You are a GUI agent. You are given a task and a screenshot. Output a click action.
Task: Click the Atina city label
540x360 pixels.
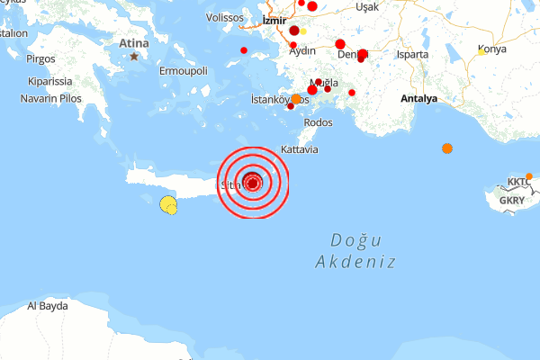[134, 41]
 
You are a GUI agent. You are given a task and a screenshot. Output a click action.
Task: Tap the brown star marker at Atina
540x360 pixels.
[134, 57]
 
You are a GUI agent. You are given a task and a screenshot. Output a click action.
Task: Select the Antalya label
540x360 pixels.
[418, 97]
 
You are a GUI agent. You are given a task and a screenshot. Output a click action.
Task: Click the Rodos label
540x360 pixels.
[319, 122]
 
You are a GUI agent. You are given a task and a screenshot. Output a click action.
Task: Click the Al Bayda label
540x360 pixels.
[48, 306]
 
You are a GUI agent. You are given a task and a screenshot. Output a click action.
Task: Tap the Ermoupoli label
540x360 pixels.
[183, 70]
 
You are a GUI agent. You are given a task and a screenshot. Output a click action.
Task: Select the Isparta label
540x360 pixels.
[413, 54]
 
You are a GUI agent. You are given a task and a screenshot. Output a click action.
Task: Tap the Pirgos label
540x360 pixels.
[41, 58]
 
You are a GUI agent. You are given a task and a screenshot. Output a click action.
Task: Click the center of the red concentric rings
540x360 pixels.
[253, 183]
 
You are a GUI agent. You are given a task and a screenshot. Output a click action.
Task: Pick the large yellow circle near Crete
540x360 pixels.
[167, 204]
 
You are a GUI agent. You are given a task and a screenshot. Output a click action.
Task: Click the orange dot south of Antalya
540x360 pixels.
[447, 148]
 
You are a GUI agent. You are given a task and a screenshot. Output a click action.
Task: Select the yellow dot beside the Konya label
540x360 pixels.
[482, 52]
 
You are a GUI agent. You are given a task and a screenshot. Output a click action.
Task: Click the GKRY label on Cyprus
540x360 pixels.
[510, 200]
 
